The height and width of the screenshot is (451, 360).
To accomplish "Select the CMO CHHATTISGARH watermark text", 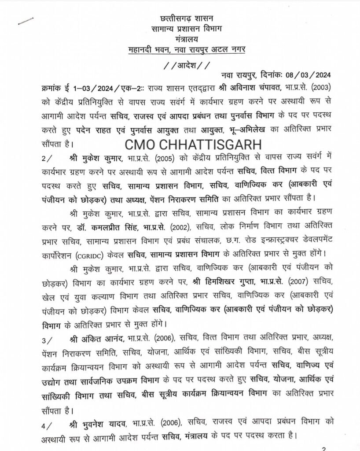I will (192, 144).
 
